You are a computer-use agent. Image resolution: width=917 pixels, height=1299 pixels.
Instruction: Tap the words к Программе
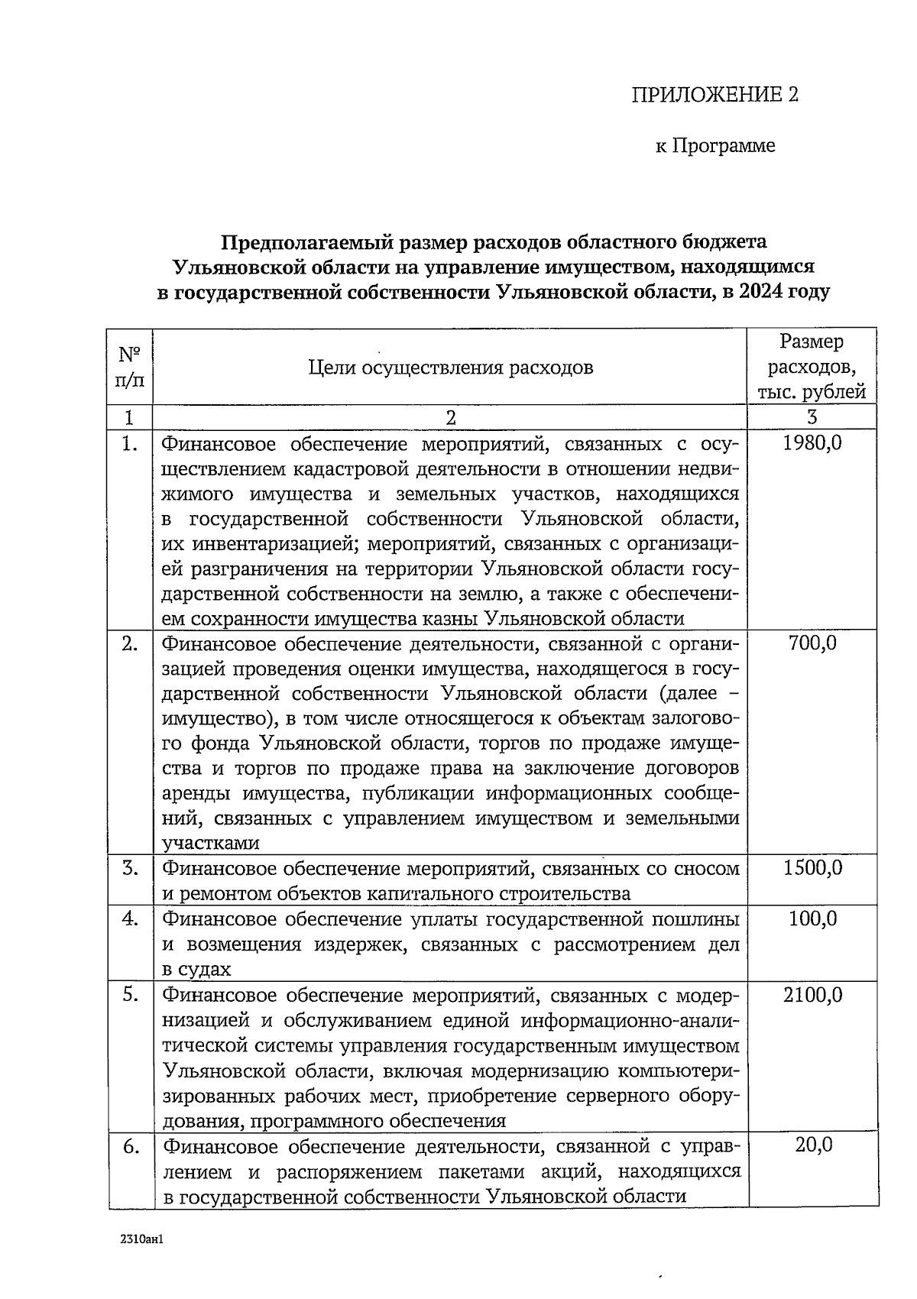click(715, 145)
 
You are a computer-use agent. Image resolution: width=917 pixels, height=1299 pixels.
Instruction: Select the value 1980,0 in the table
click(812, 442)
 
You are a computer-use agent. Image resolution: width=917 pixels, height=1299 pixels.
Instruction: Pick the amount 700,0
click(812, 643)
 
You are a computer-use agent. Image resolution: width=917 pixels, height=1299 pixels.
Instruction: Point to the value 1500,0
click(812, 868)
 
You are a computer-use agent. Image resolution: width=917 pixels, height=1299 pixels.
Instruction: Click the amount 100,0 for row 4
click(812, 918)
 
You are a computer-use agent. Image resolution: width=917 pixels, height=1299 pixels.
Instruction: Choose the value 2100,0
click(812, 994)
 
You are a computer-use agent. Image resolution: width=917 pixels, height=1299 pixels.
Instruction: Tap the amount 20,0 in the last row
click(812, 1145)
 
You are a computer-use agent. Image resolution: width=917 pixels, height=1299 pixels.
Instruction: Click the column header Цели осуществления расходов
click(451, 368)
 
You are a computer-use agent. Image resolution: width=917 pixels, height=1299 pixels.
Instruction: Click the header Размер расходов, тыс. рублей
click(812, 367)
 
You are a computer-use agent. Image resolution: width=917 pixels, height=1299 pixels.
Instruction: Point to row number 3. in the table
click(130, 868)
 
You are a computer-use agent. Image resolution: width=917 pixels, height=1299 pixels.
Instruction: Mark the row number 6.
click(130, 1145)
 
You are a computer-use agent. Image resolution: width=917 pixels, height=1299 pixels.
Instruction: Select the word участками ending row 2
click(211, 844)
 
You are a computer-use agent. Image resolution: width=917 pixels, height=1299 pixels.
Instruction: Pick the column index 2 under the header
click(450, 417)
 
